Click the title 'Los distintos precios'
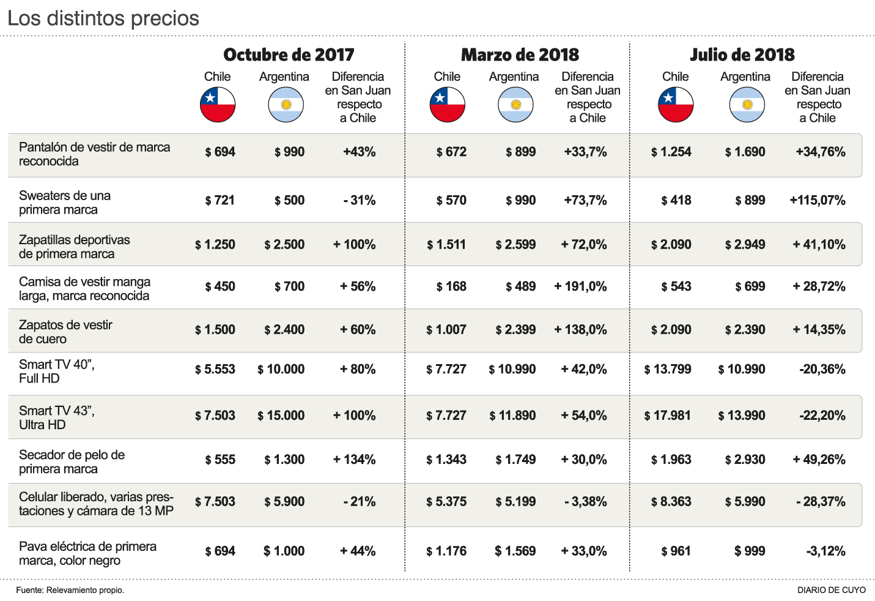click(103, 18)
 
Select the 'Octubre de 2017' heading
click(289, 54)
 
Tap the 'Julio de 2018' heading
click(742, 54)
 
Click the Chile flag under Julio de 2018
click(676, 105)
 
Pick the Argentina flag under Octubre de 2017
click(286, 105)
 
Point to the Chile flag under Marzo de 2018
click(448, 105)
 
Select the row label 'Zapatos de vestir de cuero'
click(65, 332)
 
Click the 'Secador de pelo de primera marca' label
click(72, 461)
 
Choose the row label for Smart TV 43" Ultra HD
click(57, 417)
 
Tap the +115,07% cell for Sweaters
click(818, 200)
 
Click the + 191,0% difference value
click(580, 286)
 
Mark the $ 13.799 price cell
click(668, 369)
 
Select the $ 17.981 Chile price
click(668, 416)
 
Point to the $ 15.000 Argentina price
click(281, 416)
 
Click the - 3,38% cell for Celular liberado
click(585, 502)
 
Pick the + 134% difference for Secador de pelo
click(354, 460)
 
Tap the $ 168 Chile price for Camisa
click(451, 286)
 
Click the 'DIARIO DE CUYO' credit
click(831, 590)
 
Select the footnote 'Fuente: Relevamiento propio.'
click(70, 590)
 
